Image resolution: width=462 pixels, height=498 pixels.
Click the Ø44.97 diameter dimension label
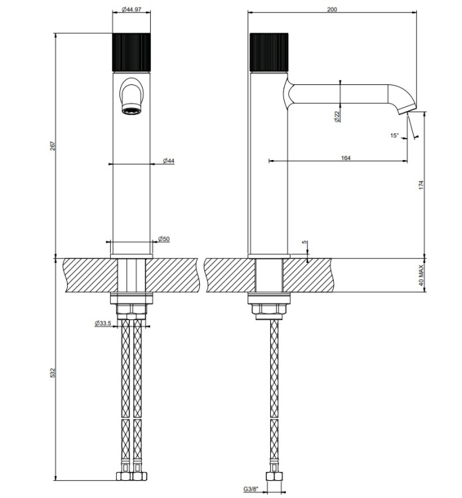click(131, 9)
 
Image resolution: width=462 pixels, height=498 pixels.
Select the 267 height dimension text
click(52, 146)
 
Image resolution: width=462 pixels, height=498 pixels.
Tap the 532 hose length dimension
click(52, 373)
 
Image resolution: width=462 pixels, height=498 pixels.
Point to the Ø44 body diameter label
click(169, 161)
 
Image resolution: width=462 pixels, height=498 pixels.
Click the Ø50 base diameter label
click(164, 239)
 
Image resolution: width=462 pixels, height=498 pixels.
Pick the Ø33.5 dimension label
click(103, 323)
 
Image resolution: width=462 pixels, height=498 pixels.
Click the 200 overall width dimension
click(332, 9)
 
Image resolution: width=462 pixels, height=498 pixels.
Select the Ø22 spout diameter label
click(337, 116)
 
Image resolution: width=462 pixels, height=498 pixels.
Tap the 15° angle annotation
click(394, 135)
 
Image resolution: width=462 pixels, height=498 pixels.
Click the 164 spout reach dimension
click(345, 158)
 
